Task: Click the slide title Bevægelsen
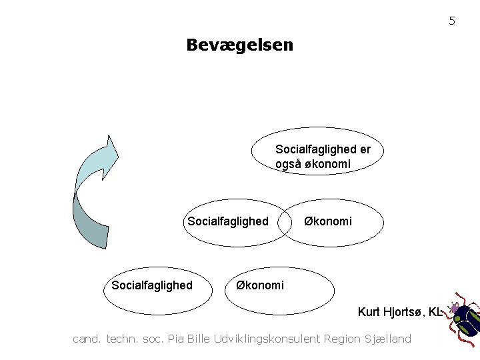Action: [239, 45]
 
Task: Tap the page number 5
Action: [451, 21]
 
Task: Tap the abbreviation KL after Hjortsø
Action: [435, 311]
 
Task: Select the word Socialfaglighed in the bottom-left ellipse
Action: [152, 285]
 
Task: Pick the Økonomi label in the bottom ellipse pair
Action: [259, 285]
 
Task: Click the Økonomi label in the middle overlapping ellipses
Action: [328, 221]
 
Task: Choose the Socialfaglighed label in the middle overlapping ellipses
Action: [228, 221]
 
